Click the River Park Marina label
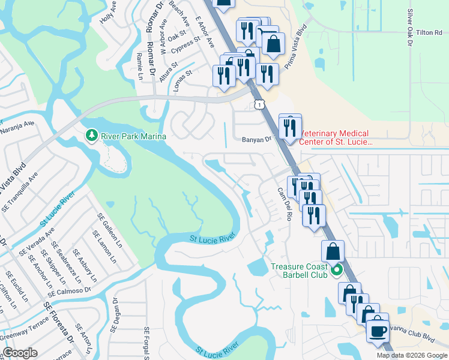tap(133, 136)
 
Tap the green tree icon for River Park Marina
tap(92, 136)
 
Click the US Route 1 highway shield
tap(258, 105)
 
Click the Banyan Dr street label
tap(256, 139)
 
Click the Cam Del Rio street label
tap(284, 203)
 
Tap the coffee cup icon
tap(378, 330)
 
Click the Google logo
tap(20, 353)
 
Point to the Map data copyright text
tap(412, 355)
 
